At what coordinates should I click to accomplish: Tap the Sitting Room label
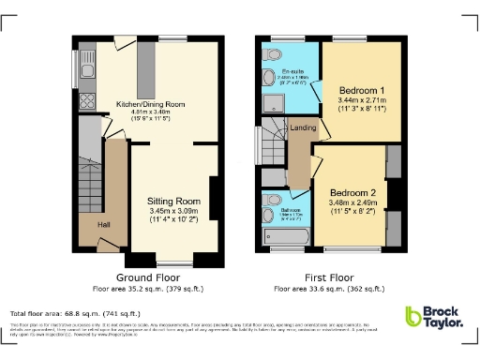[174, 201]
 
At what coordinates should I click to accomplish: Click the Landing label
[303, 127]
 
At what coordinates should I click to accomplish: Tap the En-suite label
[292, 71]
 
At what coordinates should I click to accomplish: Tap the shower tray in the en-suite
[303, 92]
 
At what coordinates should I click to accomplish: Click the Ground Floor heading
[149, 278]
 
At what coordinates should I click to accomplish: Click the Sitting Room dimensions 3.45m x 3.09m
[174, 214]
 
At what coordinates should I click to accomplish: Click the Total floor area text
[75, 312]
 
